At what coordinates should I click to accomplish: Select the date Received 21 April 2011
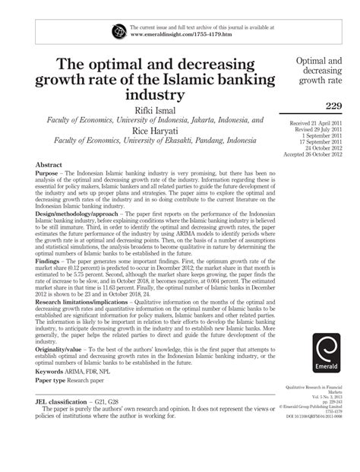pyautogui.click(x=320, y=123)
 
